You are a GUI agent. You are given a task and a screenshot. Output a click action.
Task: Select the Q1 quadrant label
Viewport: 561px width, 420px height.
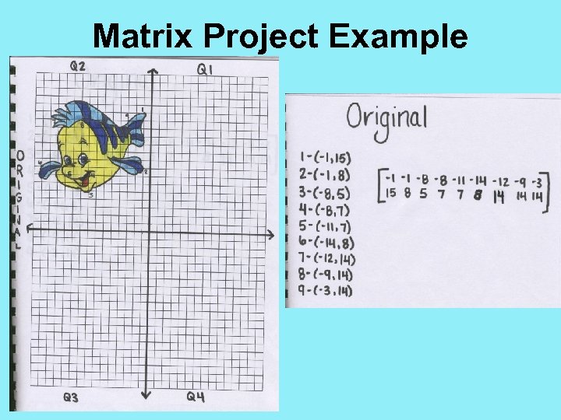[206, 70]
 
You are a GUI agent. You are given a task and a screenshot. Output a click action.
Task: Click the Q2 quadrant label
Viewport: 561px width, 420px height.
[78, 66]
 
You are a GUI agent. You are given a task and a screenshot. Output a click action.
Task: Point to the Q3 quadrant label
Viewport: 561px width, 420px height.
[71, 397]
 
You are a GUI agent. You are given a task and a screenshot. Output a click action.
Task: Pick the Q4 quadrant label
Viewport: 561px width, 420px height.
[196, 397]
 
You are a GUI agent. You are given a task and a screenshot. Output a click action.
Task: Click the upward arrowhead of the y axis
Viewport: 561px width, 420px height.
[153, 72]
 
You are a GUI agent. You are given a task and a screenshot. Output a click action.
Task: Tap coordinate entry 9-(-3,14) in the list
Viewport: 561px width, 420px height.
[326, 291]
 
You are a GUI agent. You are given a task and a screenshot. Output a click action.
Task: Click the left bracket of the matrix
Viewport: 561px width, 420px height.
[382, 186]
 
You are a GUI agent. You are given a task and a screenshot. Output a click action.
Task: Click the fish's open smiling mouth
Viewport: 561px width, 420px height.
[80, 182]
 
